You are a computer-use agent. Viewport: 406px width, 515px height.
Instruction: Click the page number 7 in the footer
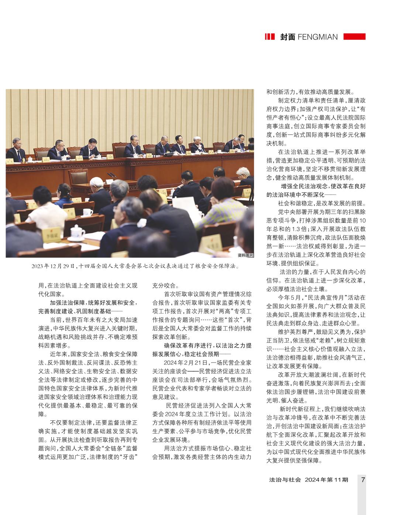pos(363,480)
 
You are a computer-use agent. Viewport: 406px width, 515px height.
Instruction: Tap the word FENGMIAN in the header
pos(317,37)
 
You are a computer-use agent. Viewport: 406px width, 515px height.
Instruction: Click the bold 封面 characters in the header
pos(288,37)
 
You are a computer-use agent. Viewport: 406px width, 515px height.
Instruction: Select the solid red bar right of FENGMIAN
pos(354,36)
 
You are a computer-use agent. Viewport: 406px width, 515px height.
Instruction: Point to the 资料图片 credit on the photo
pos(245,255)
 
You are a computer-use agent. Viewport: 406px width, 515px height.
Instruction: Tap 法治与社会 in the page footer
pos(285,480)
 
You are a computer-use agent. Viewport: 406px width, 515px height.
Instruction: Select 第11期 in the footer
pos(338,480)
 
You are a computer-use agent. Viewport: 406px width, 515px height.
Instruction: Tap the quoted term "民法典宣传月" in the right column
pos(324,297)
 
